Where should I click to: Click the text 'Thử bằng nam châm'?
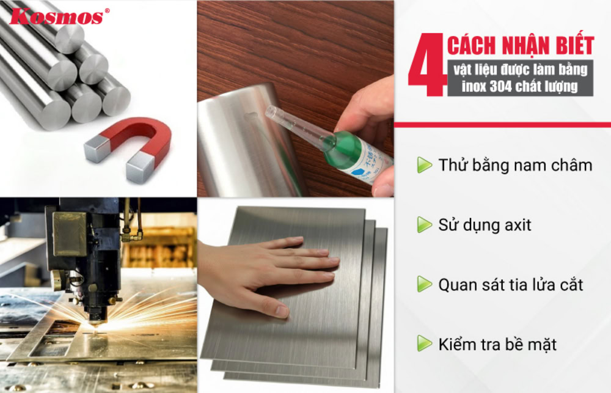(x=514, y=165)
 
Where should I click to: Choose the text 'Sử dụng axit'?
(x=485, y=225)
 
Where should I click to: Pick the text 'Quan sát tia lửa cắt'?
(x=510, y=284)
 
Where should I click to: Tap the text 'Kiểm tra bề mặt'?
(x=497, y=343)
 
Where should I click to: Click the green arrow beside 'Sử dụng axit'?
(x=424, y=225)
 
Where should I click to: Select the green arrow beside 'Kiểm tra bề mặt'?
(x=424, y=343)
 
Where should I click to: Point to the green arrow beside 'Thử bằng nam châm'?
(x=424, y=165)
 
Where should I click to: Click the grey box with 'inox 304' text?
(x=519, y=78)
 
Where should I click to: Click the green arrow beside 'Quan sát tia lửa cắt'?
(x=424, y=284)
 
